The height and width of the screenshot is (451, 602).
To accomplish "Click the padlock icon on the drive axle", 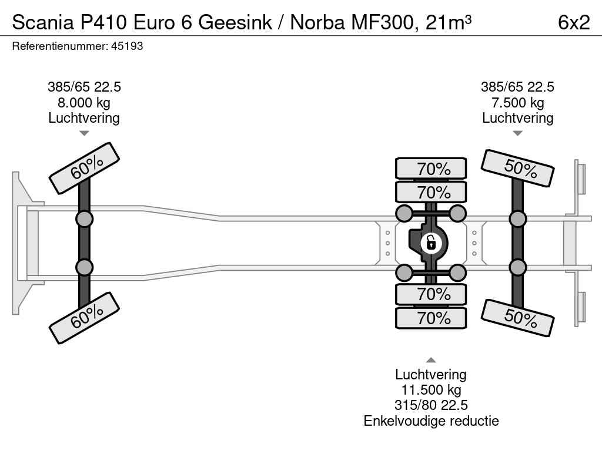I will [431, 242].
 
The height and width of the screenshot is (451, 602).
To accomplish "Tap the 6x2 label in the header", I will [573, 22].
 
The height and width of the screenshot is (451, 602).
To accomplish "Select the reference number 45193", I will [126, 46].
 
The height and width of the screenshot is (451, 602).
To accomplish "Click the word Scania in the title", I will [41, 22].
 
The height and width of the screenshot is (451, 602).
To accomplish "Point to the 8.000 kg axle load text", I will [84, 103].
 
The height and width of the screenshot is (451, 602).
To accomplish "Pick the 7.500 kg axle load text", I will [517, 103].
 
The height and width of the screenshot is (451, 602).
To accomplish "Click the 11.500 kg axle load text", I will [431, 390].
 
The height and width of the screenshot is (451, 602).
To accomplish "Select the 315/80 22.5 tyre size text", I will [431, 405].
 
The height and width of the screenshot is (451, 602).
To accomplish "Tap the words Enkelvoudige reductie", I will [431, 420].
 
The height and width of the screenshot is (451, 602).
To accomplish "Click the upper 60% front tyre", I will [85, 168].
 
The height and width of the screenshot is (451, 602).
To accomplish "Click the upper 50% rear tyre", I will [518, 168].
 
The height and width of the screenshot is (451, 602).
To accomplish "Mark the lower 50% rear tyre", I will [518, 317].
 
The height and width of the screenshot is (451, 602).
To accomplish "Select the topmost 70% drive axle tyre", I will [431, 169].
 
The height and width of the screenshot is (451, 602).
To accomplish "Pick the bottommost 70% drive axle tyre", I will [431, 318].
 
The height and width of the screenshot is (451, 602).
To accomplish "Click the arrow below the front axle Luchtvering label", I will [84, 133].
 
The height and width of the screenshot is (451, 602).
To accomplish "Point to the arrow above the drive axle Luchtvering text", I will [431, 360].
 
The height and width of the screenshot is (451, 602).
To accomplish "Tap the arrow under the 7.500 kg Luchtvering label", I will [517, 133].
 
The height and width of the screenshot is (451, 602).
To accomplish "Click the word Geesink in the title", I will [235, 22].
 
